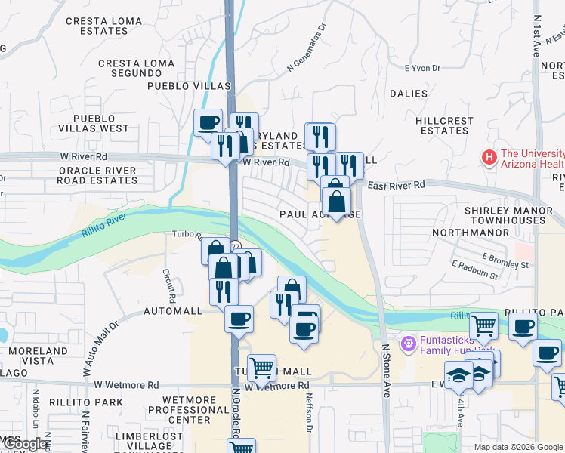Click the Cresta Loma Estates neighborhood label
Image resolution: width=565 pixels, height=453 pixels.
[x=107, y=26]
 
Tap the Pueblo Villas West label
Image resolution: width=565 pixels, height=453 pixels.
[x=101, y=123]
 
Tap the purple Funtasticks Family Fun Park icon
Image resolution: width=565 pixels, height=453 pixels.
[x=409, y=344]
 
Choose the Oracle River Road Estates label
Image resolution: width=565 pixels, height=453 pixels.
[x=98, y=175]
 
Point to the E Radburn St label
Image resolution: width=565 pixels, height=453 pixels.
[x=474, y=270]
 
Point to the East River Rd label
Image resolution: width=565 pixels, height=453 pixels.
[x=396, y=185]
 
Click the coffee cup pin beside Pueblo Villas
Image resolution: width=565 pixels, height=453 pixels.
[x=208, y=122]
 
